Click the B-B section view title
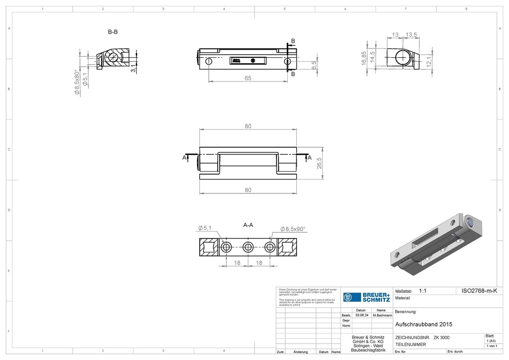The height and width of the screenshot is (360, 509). [113, 32]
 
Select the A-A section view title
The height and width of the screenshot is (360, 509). [248, 225]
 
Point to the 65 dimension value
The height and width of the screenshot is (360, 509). [248, 78]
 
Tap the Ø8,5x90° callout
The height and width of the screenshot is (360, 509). [293, 229]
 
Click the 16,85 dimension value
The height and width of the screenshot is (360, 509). [364, 58]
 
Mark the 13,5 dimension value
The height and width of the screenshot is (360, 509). [411, 35]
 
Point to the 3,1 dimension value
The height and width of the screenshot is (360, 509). [133, 69]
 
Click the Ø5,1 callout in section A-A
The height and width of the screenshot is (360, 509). [204, 228]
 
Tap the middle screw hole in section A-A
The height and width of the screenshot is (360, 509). [248, 247]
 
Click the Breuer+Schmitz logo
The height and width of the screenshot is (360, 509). [368, 296]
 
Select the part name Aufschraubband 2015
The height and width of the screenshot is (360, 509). [424, 324]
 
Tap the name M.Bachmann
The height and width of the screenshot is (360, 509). [381, 315]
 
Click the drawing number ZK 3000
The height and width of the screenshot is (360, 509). [442, 337]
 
